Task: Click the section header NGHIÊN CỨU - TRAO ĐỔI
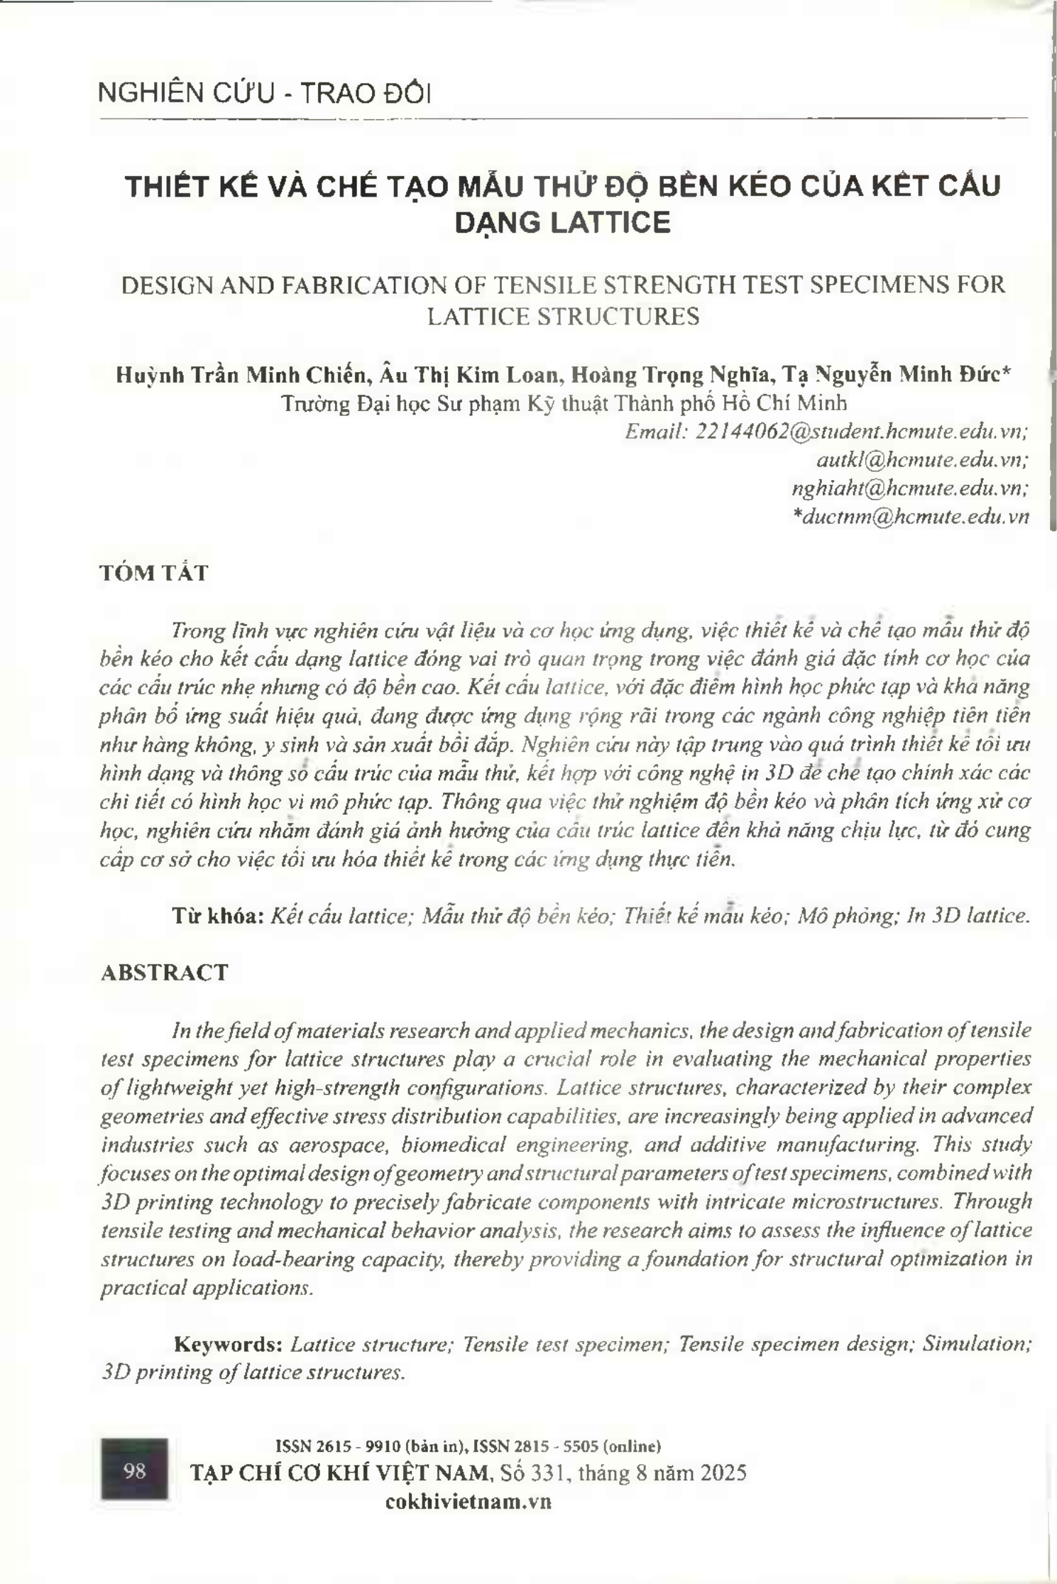(264, 94)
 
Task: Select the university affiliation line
(564, 403)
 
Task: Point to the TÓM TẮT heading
(154, 573)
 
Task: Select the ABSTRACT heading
(165, 973)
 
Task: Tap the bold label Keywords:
(229, 1344)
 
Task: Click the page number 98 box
(135, 1470)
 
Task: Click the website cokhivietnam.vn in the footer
(469, 1501)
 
